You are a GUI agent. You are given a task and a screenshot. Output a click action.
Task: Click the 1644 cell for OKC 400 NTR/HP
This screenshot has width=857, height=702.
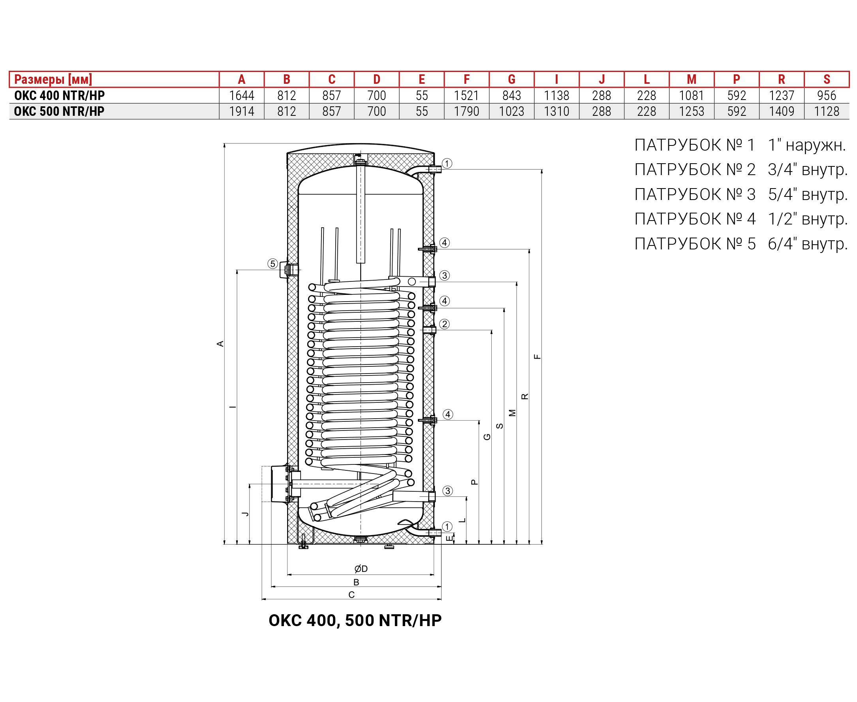click(242, 95)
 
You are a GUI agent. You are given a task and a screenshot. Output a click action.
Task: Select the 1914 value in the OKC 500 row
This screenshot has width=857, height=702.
click(242, 111)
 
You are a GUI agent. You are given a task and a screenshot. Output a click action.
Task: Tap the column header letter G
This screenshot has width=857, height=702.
click(511, 79)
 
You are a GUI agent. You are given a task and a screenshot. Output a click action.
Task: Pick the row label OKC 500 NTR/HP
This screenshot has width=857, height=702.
click(59, 111)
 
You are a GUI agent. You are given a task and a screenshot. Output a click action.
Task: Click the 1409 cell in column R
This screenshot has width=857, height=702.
click(782, 111)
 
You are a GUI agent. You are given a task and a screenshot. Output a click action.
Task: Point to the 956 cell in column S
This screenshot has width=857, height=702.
click(827, 95)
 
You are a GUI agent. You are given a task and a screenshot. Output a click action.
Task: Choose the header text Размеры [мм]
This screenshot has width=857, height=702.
click(53, 79)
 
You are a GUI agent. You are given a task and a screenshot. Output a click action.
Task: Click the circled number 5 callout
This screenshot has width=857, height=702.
click(273, 264)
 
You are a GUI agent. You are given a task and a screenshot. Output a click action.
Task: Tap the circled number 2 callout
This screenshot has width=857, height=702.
click(444, 324)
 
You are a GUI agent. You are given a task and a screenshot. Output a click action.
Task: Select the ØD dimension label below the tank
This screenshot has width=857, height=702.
click(361, 569)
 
